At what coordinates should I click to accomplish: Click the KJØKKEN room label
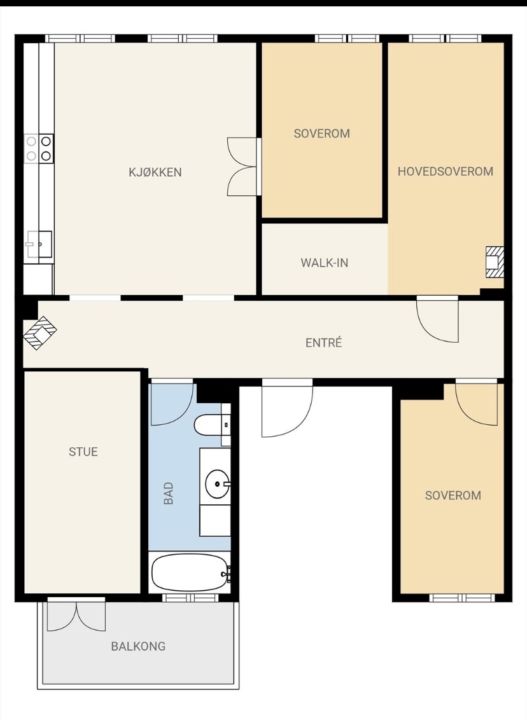pos(155,172)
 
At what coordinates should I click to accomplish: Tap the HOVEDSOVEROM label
pos(446,171)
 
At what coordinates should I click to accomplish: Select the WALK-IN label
pos(325,263)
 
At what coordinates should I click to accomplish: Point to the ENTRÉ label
pos(323,342)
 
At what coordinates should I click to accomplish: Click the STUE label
pos(83,452)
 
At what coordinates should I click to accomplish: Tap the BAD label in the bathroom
pos(169,493)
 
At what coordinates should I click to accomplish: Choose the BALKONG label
pos(138,646)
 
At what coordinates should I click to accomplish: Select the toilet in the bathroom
pos(212,426)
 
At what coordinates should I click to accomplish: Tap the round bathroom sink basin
pos(217,483)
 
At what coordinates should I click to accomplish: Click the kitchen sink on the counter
pos(39,244)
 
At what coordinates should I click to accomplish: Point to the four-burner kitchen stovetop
pos(39,148)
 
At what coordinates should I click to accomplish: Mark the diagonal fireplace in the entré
pos(40,333)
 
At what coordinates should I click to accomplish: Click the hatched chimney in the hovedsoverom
pos(495,262)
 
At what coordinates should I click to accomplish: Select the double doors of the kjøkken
pos(244,167)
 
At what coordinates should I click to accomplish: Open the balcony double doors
pos(76,615)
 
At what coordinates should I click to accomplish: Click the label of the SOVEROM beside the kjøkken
pos(321,134)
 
